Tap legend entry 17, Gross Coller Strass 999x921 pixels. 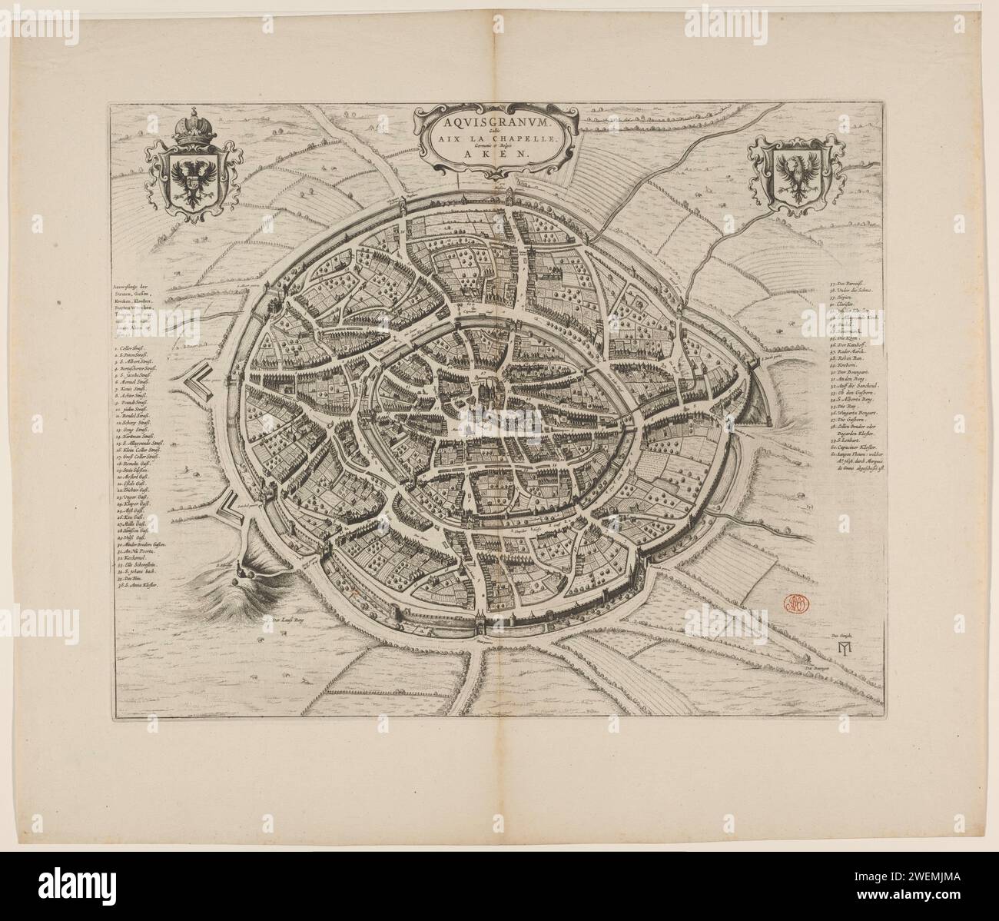(x=137, y=456)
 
